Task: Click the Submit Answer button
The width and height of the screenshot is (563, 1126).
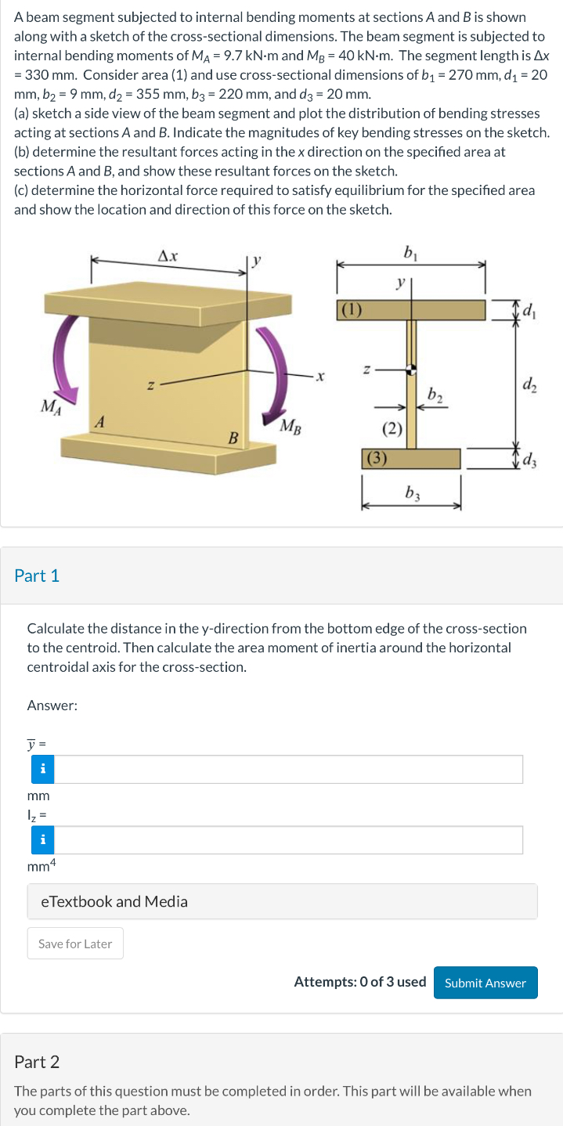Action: coord(485,983)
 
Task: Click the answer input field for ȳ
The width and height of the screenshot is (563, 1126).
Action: coord(287,770)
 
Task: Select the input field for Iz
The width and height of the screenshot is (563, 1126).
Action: coord(287,840)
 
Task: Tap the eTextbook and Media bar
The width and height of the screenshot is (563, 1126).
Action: coord(282,901)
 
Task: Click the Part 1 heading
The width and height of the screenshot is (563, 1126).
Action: coord(37,576)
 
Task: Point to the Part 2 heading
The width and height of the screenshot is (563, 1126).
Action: coord(37,1062)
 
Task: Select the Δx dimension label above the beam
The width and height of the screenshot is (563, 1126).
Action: coord(168,255)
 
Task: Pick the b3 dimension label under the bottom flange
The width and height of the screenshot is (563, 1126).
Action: coord(411,493)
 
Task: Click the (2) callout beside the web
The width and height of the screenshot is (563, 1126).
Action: coord(392,428)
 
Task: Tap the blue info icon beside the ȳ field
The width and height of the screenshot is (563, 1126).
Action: coord(42,770)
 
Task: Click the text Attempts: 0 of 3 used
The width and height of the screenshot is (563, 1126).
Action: coord(359,982)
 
